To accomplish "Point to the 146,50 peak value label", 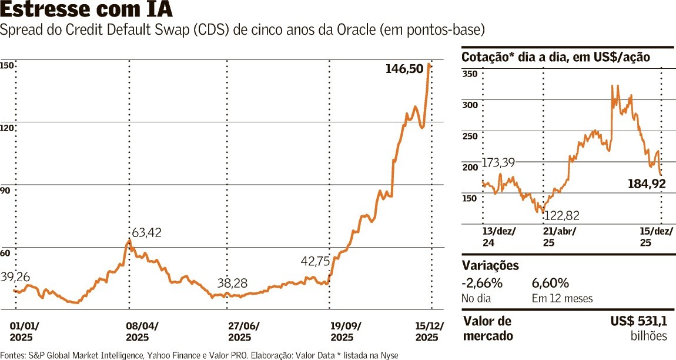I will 404,69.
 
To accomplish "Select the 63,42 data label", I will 146,232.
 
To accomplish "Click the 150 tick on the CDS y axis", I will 6,66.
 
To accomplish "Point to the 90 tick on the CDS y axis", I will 5,191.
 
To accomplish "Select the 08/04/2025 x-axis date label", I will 142,332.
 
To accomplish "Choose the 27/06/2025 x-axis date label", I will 243,332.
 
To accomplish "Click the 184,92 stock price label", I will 646,185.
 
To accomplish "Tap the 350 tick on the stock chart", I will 470,74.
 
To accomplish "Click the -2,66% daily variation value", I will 482,284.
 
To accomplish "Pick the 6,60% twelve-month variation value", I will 550,284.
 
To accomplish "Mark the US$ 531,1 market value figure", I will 639,322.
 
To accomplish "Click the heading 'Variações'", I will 490,265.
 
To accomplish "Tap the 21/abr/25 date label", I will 558,236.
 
